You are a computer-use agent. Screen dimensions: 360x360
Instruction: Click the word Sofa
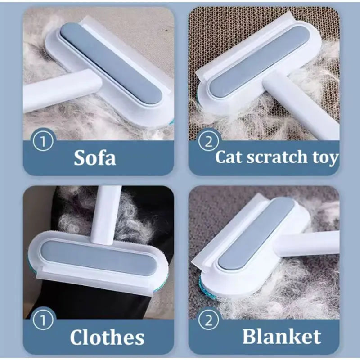pyautogui.click(x=94, y=157)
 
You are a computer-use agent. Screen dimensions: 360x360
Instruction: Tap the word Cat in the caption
pyautogui.click(x=230, y=157)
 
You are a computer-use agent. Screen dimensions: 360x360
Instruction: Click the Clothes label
pyautogui.click(x=107, y=337)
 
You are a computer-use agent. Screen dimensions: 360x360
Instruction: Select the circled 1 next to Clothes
pyautogui.click(x=43, y=320)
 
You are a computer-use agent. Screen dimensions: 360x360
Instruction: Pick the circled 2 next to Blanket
pyautogui.click(x=208, y=320)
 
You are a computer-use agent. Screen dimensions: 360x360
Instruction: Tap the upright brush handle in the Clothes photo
pyautogui.click(x=106, y=209)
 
